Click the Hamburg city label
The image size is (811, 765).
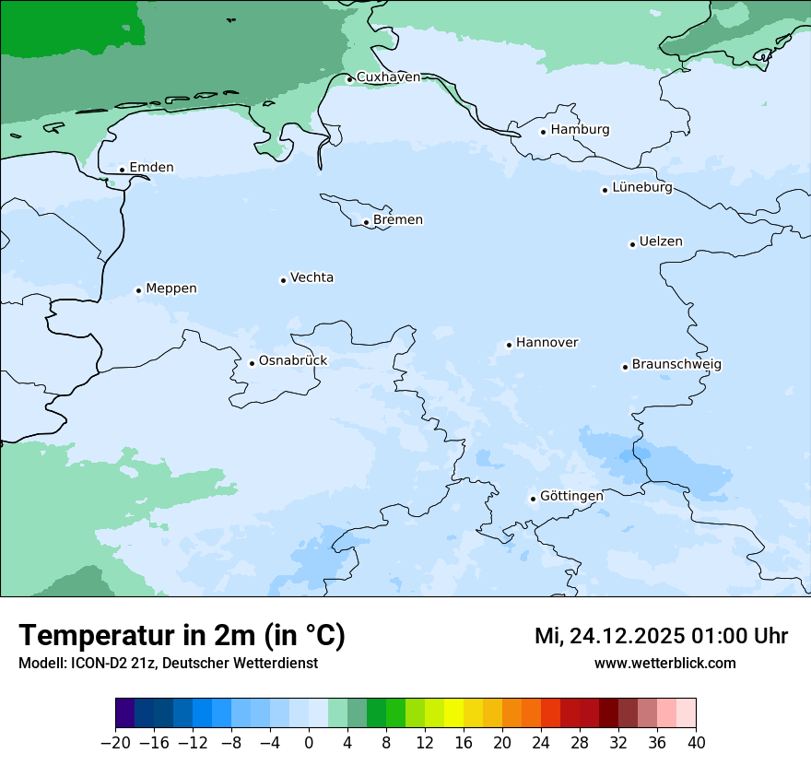coord(580,130)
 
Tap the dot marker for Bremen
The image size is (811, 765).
coord(366,222)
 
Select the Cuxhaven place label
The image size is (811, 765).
coord(388,77)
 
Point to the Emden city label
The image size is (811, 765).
coord(151,168)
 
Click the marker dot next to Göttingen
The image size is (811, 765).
coord(533,499)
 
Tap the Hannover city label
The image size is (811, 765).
coord(547,343)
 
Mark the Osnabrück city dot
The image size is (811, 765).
coord(252,363)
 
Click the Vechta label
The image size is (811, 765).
coord(311,277)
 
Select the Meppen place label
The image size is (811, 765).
coord(171,288)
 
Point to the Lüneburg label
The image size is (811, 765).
coord(642,188)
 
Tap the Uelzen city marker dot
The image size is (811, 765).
coord(632,244)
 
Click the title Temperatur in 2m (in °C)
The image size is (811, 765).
coord(182,636)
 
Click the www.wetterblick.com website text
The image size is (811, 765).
coord(664,663)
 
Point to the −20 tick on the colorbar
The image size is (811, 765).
coord(116,743)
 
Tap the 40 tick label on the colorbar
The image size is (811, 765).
coord(696,743)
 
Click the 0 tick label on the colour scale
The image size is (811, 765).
coord(309,743)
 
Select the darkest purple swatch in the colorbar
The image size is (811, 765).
coord(125,713)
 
